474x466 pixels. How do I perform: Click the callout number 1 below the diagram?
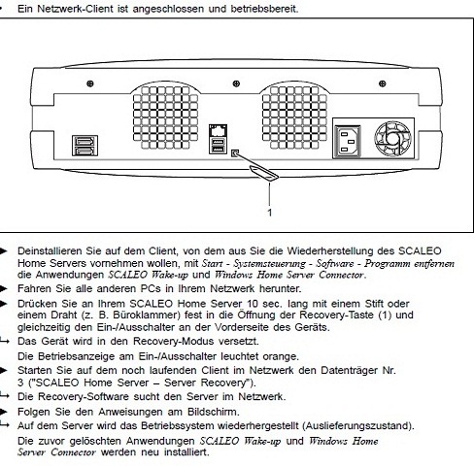(x=270, y=213)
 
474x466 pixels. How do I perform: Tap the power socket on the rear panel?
(x=348, y=142)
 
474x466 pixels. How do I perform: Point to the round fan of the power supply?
(x=392, y=140)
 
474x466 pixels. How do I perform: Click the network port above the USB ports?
(x=218, y=130)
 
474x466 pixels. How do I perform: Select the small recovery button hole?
(x=235, y=152)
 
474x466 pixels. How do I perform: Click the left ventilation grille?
(x=165, y=116)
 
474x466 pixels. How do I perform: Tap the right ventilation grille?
(x=294, y=116)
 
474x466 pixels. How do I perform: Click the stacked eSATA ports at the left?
(x=85, y=146)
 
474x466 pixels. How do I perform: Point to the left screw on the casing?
(x=90, y=83)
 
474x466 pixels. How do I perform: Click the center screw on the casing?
(x=236, y=83)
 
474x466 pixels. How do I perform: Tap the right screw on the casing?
(x=383, y=83)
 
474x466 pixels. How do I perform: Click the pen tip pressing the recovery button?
(x=236, y=153)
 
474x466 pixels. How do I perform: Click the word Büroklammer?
(x=147, y=315)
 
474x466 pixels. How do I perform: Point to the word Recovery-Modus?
(x=174, y=341)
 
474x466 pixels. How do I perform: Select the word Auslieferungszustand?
(x=357, y=425)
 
